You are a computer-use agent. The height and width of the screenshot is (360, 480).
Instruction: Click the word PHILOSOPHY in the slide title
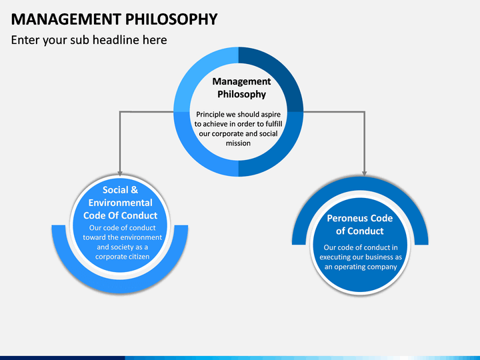tap(171, 19)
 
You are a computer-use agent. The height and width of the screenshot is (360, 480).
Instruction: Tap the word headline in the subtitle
tap(116, 40)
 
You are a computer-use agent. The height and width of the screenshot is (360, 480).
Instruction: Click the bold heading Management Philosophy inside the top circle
tap(241, 88)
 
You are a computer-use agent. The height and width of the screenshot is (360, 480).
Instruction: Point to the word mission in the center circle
tap(238, 143)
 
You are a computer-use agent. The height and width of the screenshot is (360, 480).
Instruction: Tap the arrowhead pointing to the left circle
tap(120, 173)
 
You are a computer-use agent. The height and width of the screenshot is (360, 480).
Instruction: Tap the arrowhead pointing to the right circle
tap(364, 173)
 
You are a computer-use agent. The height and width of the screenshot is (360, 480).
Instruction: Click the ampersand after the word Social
tap(134, 190)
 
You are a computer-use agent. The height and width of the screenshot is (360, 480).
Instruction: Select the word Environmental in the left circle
tap(120, 203)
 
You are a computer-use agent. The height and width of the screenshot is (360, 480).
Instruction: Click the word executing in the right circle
tap(333, 257)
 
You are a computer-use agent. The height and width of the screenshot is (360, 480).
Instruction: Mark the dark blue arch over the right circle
tap(360, 184)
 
